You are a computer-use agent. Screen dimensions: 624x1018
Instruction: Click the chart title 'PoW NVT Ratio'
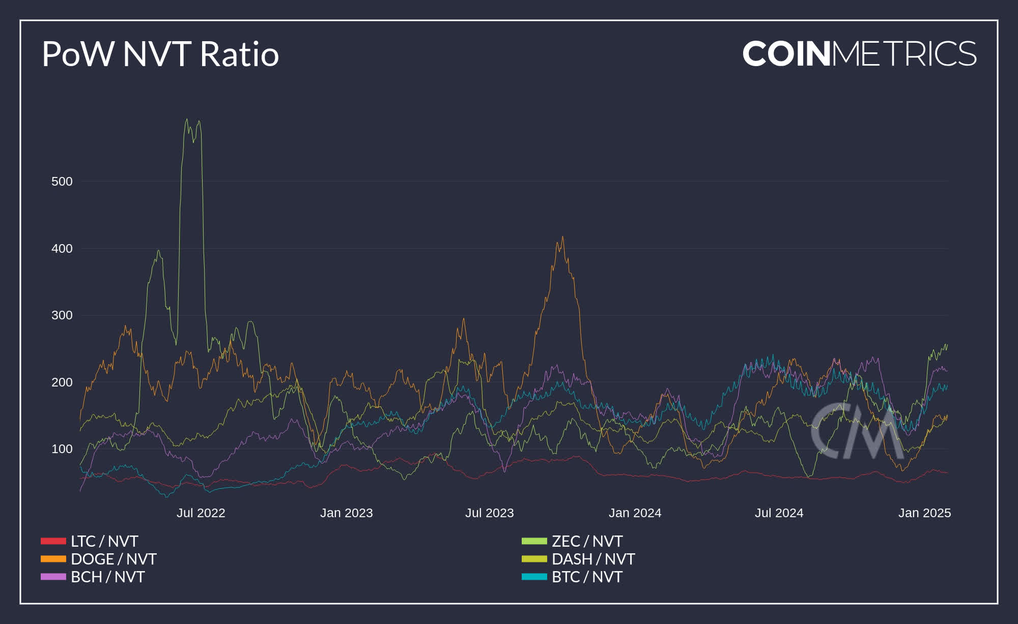point(160,54)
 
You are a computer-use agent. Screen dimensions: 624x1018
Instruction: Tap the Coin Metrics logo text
point(859,54)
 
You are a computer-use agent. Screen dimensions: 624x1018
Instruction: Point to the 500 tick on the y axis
point(62,182)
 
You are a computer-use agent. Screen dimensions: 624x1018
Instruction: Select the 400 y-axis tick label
point(62,249)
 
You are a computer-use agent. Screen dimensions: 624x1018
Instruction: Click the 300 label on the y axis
point(62,315)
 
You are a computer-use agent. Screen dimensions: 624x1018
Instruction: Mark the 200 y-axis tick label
point(62,382)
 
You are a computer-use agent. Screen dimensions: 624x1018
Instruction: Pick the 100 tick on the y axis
point(62,449)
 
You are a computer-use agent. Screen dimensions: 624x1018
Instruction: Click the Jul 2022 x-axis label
point(201,513)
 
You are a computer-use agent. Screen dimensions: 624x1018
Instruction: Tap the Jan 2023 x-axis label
point(346,513)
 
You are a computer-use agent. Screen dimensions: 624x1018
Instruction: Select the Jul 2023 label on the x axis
point(489,513)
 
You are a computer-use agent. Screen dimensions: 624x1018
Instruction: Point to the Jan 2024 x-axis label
point(635,513)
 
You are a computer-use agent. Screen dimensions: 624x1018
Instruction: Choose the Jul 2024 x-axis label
point(779,513)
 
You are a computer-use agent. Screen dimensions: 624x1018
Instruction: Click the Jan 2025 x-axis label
point(924,513)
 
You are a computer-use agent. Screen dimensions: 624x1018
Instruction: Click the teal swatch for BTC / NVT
point(534,577)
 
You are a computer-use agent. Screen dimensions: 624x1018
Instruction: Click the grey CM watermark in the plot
point(855,431)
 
